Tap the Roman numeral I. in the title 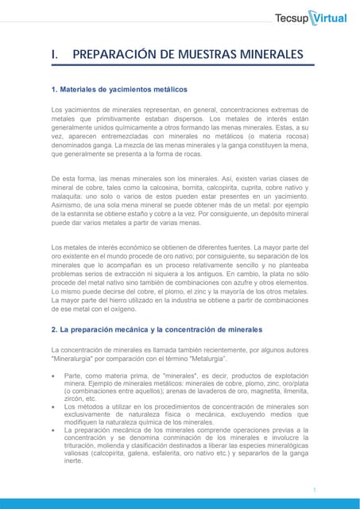click(x=55, y=54)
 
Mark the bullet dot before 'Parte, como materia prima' click(x=53, y=375)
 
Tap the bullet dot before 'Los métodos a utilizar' click(x=53, y=406)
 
